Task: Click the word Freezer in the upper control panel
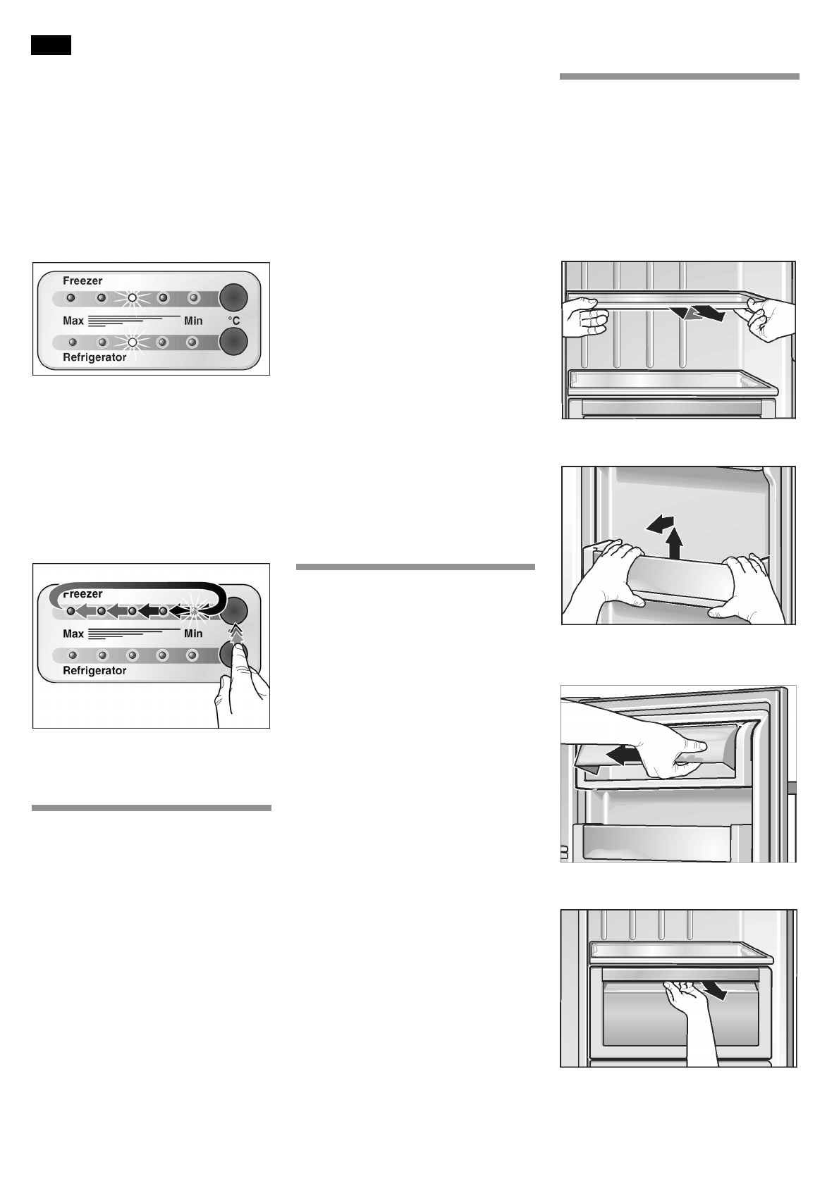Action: point(83,280)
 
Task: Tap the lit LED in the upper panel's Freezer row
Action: point(132,298)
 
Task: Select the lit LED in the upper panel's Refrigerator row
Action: point(132,342)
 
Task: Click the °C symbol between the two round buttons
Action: point(233,321)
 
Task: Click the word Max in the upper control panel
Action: point(73,321)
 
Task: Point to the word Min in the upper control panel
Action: point(193,321)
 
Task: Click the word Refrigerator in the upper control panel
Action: point(94,357)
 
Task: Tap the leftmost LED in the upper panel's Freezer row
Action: point(71,298)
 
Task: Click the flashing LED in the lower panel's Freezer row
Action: point(193,611)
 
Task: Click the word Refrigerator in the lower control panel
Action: point(94,670)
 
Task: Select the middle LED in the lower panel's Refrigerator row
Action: point(132,655)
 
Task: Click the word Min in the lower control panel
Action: point(193,634)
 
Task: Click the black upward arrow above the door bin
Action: point(675,543)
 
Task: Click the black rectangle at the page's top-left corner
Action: point(51,45)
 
